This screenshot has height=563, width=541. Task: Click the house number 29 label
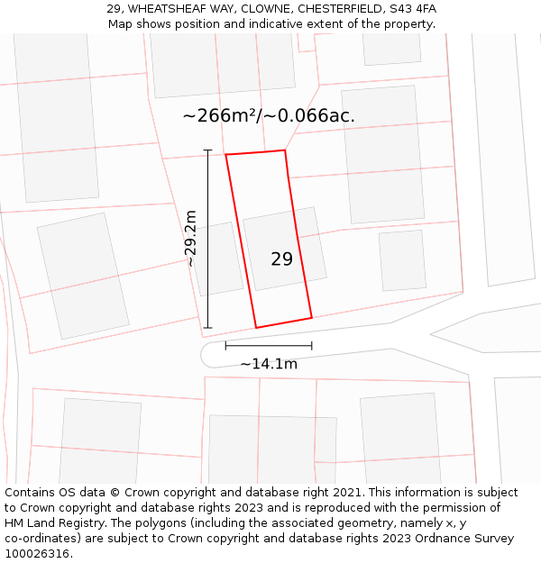[281, 259]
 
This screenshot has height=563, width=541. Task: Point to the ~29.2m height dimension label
[190, 238]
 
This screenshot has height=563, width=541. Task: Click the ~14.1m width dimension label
[269, 364]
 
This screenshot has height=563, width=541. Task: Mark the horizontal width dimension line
[269, 345]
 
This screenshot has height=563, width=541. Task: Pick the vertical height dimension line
[207, 239]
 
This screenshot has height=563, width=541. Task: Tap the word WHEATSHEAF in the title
[165, 9]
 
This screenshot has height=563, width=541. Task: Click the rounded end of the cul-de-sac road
[208, 354]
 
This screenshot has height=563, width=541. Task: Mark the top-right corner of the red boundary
[285, 150]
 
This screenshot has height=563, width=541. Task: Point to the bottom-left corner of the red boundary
[256, 327]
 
